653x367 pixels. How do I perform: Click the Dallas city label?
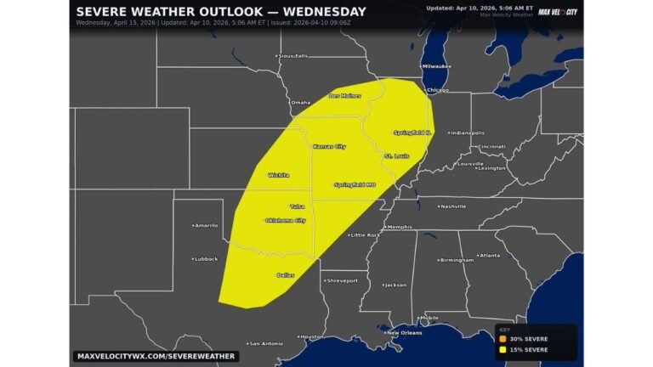click(286, 275)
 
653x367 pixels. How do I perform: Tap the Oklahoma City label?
click(286, 220)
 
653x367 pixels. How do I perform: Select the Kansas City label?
click(330, 147)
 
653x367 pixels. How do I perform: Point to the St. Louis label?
click(396, 156)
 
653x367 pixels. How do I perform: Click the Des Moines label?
click(345, 95)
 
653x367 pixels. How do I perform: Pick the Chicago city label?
click(438, 89)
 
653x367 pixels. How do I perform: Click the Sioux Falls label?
click(292, 56)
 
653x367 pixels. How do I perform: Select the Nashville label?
click(453, 206)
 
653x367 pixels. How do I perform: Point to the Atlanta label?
click(489, 255)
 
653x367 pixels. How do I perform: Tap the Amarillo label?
click(207, 225)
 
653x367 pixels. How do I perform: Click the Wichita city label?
click(278, 175)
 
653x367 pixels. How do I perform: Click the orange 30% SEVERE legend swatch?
click(503, 339)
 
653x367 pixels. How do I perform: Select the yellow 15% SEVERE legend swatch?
click(503, 348)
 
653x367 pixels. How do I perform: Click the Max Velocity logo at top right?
click(558, 12)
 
